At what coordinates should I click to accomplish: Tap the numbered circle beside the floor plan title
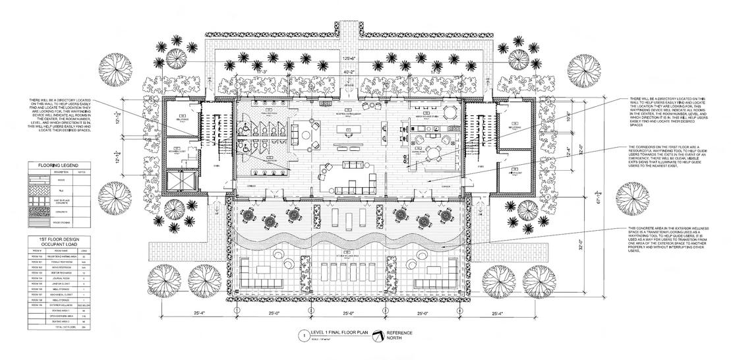click(x=303, y=335)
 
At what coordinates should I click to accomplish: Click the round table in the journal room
click(x=433, y=153)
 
